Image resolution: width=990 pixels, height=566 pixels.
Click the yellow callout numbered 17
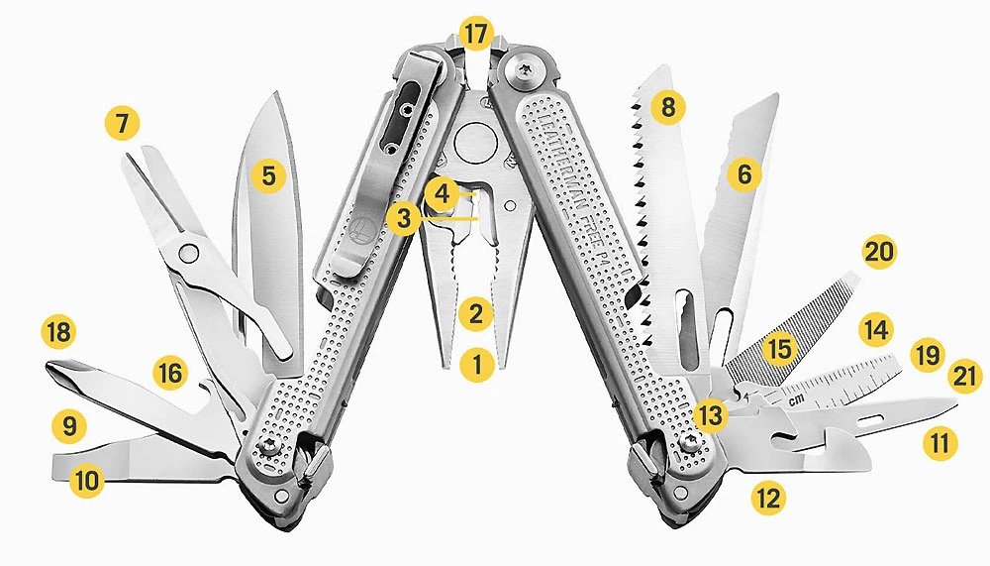tap(476, 35)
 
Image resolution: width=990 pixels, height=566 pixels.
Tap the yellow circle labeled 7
tap(123, 125)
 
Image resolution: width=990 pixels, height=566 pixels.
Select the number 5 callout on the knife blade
tap(267, 176)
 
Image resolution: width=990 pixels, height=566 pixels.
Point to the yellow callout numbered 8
tap(668, 107)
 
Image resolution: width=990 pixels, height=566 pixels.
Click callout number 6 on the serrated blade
tap(744, 175)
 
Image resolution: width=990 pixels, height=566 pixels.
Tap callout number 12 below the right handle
tap(766, 498)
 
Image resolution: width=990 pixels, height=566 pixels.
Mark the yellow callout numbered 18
tap(59, 332)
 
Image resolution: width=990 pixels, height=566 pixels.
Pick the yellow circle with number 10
tap(88, 482)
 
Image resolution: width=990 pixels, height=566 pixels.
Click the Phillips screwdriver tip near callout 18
tap(57, 374)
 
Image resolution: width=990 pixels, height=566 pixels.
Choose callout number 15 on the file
tap(780, 349)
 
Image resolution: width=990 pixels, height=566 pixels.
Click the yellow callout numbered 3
tap(403, 219)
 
